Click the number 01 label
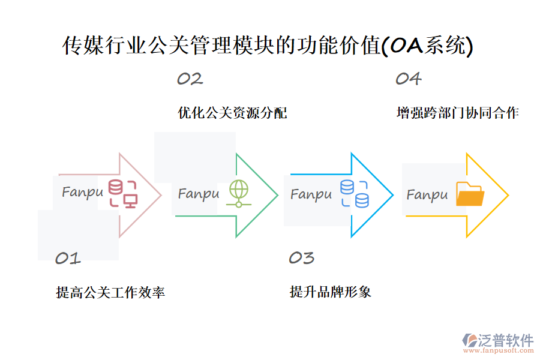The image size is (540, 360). (x=68, y=259)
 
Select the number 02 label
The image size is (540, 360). (x=190, y=79)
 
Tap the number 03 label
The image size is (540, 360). (x=301, y=258)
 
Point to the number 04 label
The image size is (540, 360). (x=408, y=79)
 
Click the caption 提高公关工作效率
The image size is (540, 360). (x=110, y=293)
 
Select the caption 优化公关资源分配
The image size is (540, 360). (x=232, y=113)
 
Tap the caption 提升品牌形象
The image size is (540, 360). (x=331, y=292)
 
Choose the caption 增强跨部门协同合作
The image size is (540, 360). (x=458, y=113)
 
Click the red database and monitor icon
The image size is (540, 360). (x=123, y=193)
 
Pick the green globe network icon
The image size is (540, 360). (x=238, y=193)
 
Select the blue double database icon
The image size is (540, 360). (x=355, y=194)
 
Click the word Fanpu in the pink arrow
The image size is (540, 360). (x=83, y=193)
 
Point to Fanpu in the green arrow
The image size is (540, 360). (x=199, y=194)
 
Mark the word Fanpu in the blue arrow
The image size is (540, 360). (x=311, y=194)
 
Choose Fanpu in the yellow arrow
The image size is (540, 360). (x=427, y=195)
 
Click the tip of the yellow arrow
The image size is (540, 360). (x=508, y=195)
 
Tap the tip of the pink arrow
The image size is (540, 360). (x=161, y=195)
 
